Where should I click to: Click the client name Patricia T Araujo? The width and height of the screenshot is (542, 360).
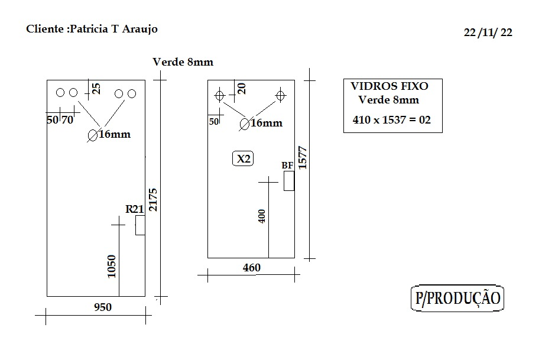[x=113, y=29]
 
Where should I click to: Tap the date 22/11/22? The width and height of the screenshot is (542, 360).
[x=488, y=33]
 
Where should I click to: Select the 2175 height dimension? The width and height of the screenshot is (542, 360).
[x=153, y=200]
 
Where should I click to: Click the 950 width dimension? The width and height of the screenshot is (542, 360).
[x=103, y=307]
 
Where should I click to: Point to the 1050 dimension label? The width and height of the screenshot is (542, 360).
[x=112, y=266]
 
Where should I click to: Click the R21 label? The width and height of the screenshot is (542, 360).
[x=134, y=209]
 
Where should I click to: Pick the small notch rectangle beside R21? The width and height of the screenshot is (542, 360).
[x=140, y=225]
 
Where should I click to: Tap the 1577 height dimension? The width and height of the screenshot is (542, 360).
[x=303, y=158]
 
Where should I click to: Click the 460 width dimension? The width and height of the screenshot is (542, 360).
[x=252, y=268]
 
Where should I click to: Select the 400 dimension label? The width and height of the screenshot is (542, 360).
[x=262, y=216]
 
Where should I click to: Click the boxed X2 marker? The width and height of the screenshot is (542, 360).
[x=243, y=159]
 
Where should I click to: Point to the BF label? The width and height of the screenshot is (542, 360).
[x=287, y=166]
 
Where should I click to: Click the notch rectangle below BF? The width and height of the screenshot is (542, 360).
[x=289, y=181]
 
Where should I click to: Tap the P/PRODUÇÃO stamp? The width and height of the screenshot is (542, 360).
[x=457, y=298]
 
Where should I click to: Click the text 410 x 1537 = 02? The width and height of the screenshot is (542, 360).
[x=392, y=120]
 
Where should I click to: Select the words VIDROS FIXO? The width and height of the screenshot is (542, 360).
[x=390, y=86]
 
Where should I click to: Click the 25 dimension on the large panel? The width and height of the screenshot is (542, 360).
[x=97, y=89]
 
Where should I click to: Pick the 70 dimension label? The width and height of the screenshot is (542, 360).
[x=67, y=120]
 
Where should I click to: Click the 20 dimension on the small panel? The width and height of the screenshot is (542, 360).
[x=242, y=89]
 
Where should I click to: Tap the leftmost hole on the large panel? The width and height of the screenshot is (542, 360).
[x=60, y=93]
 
